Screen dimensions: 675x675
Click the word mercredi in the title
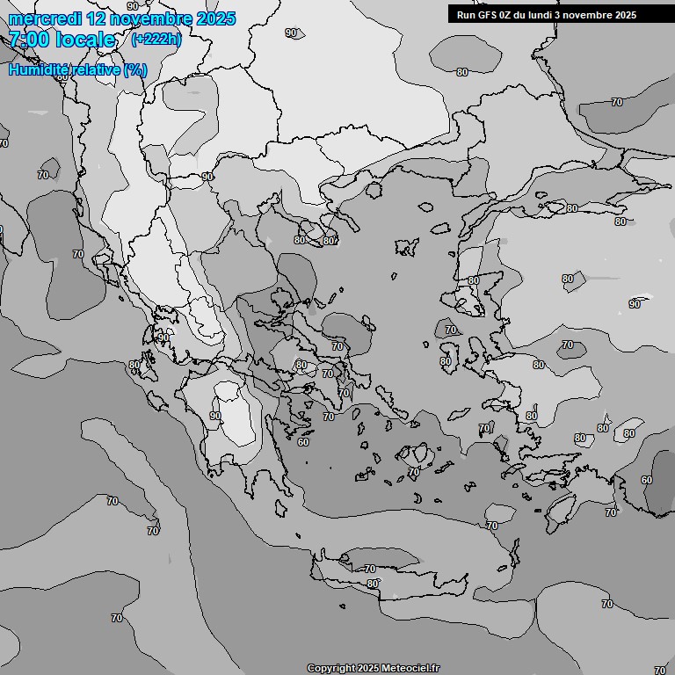click(x=45, y=18)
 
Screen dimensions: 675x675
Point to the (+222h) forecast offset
click(x=156, y=40)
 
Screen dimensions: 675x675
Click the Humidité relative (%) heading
click(x=78, y=70)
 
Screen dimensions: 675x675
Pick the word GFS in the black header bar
click(x=488, y=15)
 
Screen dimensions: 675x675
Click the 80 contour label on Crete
click(x=373, y=584)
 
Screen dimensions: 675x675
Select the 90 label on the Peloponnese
click(x=215, y=416)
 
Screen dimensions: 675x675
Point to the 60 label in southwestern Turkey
click(x=647, y=480)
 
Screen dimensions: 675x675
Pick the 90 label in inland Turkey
click(x=635, y=304)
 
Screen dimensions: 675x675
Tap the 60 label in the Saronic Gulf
click(x=303, y=442)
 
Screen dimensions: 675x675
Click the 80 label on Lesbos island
click(x=474, y=280)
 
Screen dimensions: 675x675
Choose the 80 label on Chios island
click(x=446, y=361)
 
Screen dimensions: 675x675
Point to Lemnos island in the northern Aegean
click(x=406, y=247)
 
